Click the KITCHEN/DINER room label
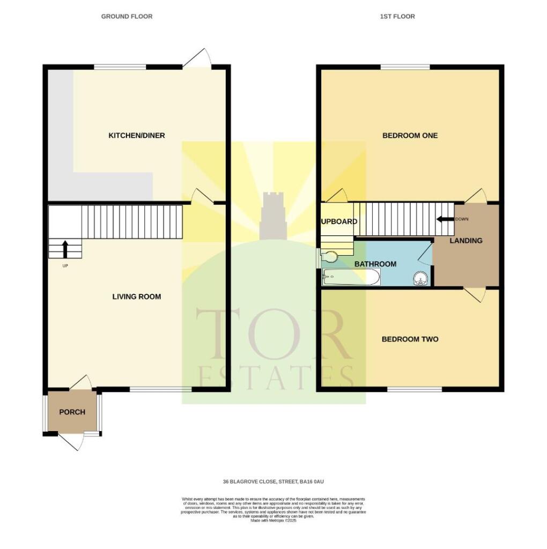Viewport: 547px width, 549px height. [137, 136]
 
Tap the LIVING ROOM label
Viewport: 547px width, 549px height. [136, 296]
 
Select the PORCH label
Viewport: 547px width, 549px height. [72, 412]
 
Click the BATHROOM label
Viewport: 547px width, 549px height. [375, 264]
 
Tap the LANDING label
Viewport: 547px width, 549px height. [465, 241]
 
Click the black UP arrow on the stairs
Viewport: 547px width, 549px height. [65, 250]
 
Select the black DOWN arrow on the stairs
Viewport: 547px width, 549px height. [445, 219]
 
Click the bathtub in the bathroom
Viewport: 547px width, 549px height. [351, 278]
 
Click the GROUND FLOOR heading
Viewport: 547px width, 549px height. [127, 17]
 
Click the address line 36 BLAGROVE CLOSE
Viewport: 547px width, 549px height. [273, 482]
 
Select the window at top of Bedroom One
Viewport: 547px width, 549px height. [405, 67]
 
